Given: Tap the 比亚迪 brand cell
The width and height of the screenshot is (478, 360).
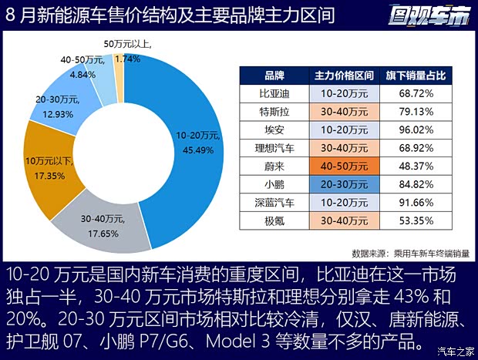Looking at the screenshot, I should pos(274,93).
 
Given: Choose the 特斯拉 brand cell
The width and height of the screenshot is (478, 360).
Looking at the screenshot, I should pos(274,111).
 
